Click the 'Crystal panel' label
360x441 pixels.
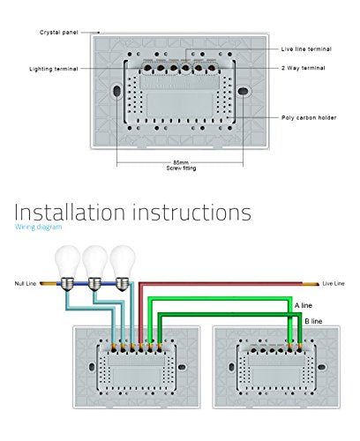(59, 33)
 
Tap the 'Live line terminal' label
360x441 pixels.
(306, 49)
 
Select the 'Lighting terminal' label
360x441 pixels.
(54, 69)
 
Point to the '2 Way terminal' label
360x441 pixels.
(304, 68)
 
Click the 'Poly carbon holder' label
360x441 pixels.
(309, 117)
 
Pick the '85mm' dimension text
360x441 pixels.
(181, 162)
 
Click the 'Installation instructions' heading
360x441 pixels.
(133, 212)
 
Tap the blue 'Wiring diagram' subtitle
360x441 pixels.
(39, 227)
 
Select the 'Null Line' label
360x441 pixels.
(26, 283)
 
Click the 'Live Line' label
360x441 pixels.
(334, 283)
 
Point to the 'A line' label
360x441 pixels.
(304, 305)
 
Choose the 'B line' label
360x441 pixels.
(313, 321)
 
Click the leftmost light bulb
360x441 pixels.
(68, 267)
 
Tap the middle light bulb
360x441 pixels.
(94, 267)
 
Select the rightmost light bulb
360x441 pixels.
(123, 267)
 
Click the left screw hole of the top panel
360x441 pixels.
(116, 91)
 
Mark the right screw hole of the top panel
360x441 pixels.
(244, 91)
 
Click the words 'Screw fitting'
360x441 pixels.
(181, 168)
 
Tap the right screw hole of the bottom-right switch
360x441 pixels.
(322, 367)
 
